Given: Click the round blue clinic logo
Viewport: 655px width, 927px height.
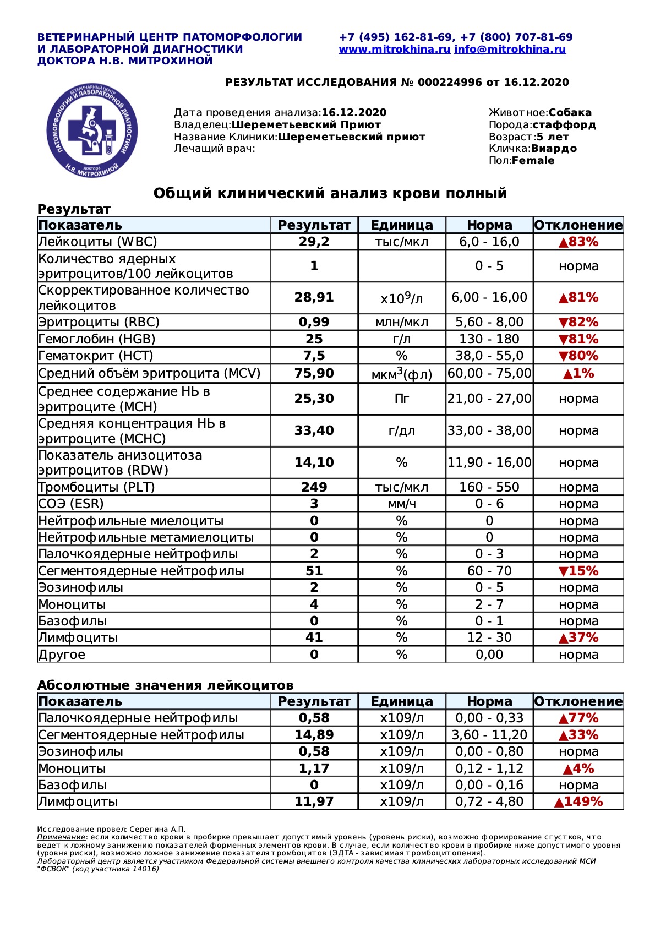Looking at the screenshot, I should pos(92,131).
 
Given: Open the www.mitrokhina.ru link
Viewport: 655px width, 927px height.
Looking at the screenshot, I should pos(395,50).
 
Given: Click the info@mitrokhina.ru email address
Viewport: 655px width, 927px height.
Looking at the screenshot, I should pos(510,50).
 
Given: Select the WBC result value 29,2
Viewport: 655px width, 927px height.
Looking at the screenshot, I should pos(314,242).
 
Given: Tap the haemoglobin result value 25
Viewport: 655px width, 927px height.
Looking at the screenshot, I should pos(314,339).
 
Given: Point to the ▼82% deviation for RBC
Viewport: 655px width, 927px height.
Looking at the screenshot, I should pos(578,322).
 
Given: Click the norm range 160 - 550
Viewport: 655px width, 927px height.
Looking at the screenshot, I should pos(489,487).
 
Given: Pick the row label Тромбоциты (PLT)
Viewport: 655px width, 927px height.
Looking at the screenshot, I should pos(97,487).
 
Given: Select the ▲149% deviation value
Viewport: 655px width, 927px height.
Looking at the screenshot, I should pos(578,801).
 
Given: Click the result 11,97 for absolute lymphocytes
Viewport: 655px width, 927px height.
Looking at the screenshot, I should pos(314,801).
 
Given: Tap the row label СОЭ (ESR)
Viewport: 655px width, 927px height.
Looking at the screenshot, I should pos(71,504).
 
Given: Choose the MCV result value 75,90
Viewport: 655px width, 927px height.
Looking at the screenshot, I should pos(314,373).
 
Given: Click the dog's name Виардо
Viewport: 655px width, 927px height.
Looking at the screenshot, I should pos(554,149).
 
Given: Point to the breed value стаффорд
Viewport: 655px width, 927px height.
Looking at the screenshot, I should pos(564,125).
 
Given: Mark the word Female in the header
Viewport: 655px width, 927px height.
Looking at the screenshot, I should pos(533,161).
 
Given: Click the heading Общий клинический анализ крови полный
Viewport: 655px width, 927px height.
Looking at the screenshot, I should pos(330,194).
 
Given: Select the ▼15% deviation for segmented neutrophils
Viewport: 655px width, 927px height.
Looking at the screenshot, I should pos(578,571).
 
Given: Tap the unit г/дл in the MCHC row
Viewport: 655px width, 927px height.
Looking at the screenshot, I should pos(402,430).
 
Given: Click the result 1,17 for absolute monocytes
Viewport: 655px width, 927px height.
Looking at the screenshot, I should pos(314,768).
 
